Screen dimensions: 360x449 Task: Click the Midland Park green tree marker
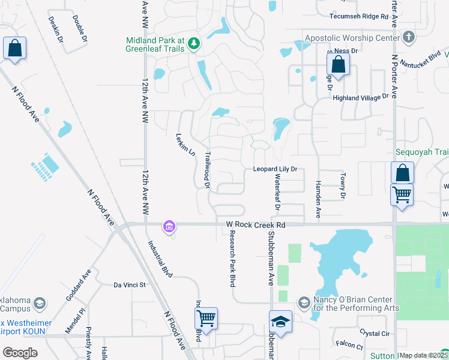[193, 43]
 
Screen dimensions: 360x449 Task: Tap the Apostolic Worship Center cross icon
[409, 38]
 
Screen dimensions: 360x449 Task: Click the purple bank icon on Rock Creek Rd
[169, 226]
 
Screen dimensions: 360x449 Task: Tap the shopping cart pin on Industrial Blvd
[205, 318]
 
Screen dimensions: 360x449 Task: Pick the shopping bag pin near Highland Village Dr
[339, 64]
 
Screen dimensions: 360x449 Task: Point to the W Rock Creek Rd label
[255, 224]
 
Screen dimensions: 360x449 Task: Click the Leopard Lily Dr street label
[275, 169]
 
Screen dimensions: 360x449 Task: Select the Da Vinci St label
[130, 285]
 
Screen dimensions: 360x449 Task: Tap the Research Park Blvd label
[231, 260]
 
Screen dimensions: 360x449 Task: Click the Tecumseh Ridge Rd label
[359, 16]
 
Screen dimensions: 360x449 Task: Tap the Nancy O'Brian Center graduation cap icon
[304, 301]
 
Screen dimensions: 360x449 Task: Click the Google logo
[20, 353]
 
